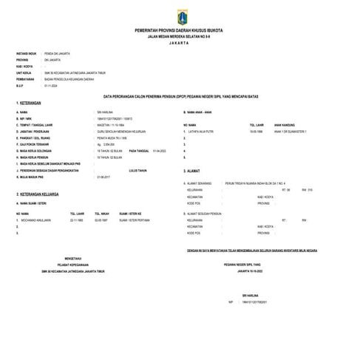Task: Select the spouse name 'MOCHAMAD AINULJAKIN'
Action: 37,220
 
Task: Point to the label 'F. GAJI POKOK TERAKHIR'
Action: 36,144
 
